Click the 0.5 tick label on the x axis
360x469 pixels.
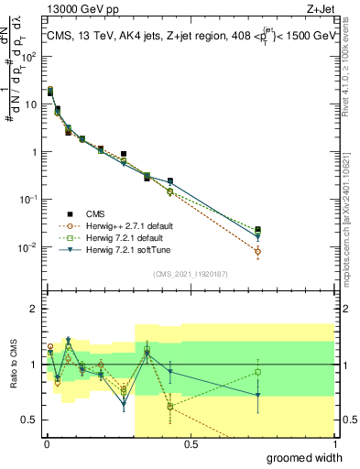click(191, 443)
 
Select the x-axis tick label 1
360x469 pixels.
click(334, 443)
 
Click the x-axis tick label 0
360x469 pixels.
click(47, 443)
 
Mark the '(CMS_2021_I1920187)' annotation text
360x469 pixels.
click(190, 273)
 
